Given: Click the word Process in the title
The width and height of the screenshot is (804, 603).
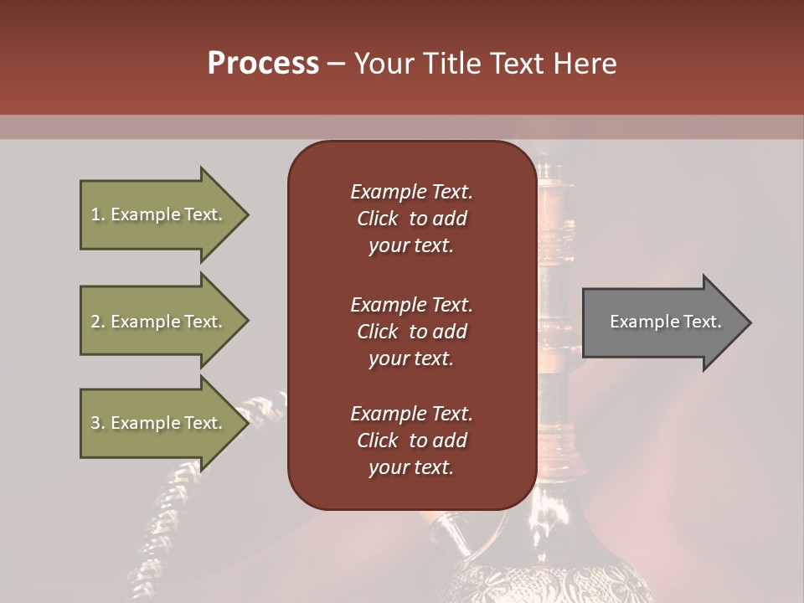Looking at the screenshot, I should [263, 64].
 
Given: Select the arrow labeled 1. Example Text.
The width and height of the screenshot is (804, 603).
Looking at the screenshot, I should [159, 214].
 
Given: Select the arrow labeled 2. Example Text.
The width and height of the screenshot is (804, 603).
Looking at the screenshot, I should [159, 322].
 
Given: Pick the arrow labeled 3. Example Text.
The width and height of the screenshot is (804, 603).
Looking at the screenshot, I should [159, 423].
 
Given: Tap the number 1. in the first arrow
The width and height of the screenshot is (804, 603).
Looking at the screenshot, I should [97, 214].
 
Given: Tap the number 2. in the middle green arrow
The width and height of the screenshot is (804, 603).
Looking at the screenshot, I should [97, 322].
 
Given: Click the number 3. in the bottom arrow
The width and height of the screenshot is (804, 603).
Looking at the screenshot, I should [97, 423].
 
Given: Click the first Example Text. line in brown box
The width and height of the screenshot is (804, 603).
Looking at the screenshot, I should [411, 192].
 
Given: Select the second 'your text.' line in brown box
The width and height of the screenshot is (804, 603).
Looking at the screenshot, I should [411, 358].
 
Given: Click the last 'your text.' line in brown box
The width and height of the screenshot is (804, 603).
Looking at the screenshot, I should [411, 467].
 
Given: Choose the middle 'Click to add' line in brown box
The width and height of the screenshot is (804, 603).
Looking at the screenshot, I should [411, 332].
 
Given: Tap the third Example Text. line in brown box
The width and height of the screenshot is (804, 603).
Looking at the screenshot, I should [411, 414].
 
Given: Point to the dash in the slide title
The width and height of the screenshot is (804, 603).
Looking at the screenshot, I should [337, 64].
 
